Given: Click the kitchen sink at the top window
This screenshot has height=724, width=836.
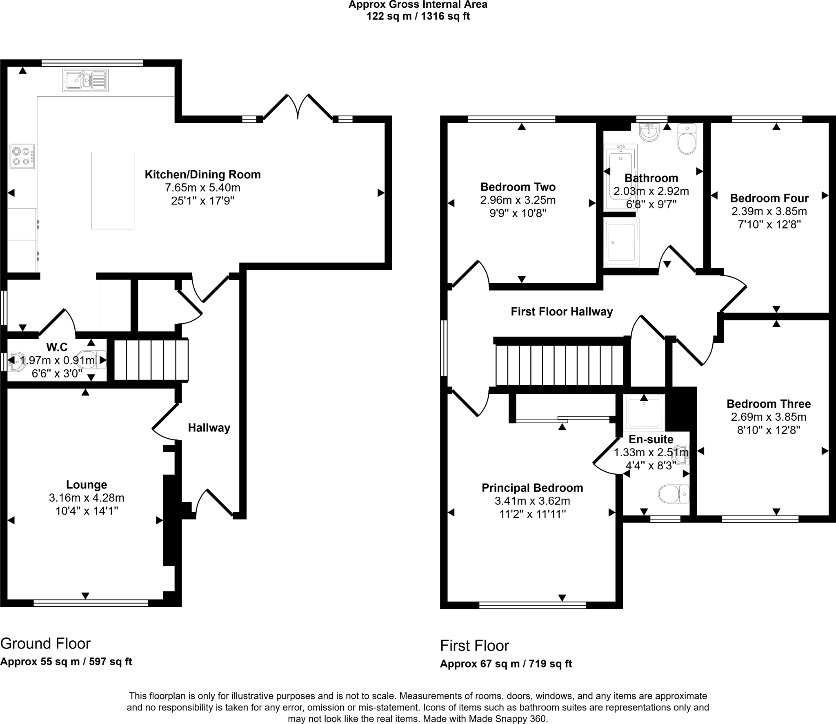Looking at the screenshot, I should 86,80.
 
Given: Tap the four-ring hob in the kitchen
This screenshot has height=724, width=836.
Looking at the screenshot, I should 22,156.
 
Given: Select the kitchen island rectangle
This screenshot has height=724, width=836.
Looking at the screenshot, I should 113,190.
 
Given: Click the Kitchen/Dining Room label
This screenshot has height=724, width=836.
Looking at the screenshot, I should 202,175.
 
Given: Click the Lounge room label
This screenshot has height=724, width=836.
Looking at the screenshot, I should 87,485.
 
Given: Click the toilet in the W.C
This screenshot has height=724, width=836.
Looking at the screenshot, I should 92,360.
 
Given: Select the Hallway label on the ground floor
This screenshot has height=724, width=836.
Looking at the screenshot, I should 209,428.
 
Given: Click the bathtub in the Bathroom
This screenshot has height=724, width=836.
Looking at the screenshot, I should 620,178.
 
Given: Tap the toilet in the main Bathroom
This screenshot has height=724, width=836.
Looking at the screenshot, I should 687,140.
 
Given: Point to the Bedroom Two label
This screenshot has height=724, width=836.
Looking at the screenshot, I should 518,187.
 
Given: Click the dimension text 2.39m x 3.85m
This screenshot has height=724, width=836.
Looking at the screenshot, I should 769,211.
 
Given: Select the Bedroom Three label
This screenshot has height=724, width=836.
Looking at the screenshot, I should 768,404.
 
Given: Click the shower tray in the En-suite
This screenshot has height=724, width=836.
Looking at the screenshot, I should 644,412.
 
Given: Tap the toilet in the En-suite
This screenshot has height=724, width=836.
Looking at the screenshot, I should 674,494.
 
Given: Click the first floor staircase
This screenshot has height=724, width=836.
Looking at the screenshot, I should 560,365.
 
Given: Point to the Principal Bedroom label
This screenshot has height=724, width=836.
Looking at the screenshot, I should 532,488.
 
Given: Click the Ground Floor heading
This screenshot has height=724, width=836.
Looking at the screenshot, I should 45,644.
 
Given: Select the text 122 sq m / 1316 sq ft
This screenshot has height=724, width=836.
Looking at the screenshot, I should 418,17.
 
